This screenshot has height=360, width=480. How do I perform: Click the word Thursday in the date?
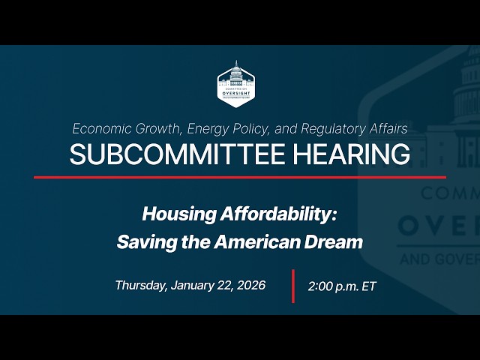coord(140,285)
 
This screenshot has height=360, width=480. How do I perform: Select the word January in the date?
coord(193,285)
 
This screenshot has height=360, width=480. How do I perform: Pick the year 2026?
coord(251,285)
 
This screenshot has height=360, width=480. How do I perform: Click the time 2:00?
coord(322,286)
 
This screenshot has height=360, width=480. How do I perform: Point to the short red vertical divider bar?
coord(292,285)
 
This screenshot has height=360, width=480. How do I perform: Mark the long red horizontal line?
coord(240,178)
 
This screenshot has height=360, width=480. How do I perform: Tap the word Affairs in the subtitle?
coord(387,128)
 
